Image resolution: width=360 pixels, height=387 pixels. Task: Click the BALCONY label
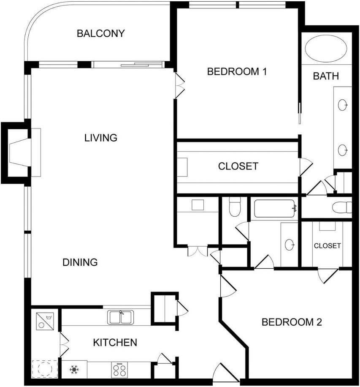[x=100, y=33]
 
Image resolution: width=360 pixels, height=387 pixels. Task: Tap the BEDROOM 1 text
[x=237, y=71]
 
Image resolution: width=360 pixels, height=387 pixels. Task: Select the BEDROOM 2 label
[x=292, y=322]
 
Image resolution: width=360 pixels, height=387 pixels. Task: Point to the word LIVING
[x=100, y=138]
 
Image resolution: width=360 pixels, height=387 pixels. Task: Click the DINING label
[x=80, y=262]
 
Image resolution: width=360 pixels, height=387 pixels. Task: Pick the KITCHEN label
[x=115, y=342]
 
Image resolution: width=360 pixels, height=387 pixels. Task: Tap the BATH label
[x=326, y=76]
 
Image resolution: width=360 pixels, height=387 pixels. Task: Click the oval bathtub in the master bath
[x=326, y=49]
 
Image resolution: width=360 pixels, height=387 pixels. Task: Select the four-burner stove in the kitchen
[x=119, y=370]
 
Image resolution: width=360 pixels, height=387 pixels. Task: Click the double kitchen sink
[x=121, y=317]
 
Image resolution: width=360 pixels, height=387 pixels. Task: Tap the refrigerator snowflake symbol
[x=74, y=370]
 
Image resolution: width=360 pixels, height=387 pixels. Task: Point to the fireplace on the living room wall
[x=20, y=153]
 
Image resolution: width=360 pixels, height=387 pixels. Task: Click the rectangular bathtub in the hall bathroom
[x=274, y=209]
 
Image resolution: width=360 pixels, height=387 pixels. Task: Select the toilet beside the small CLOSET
[x=342, y=207]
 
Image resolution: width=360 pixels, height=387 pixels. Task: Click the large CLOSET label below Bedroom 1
[x=238, y=166]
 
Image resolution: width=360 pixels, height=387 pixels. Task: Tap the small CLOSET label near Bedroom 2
[x=327, y=246]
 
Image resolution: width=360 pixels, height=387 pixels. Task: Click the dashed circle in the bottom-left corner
[x=45, y=369]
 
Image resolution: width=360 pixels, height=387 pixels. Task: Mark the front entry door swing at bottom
[x=226, y=373]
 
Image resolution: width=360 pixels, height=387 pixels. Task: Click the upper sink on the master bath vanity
[x=342, y=105]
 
